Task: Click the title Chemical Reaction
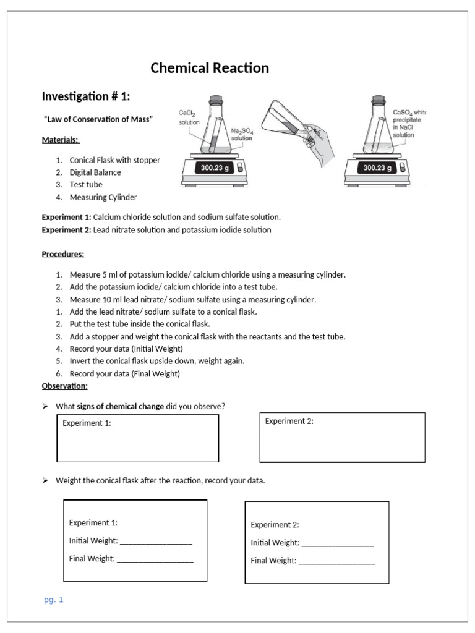[210, 68]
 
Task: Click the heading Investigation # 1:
[86, 96]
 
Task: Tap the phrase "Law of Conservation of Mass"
[98, 119]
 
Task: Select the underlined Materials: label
[61, 140]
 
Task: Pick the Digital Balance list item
[95, 172]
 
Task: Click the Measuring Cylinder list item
[103, 197]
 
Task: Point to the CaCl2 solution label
[189, 117]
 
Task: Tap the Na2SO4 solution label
[241, 135]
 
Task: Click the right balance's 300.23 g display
[377, 168]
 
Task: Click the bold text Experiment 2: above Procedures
[66, 230]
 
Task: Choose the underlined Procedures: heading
[63, 254]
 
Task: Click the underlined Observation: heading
[65, 386]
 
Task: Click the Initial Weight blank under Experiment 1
[156, 542]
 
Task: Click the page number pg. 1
[54, 600]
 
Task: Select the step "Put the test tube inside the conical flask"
[140, 324]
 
